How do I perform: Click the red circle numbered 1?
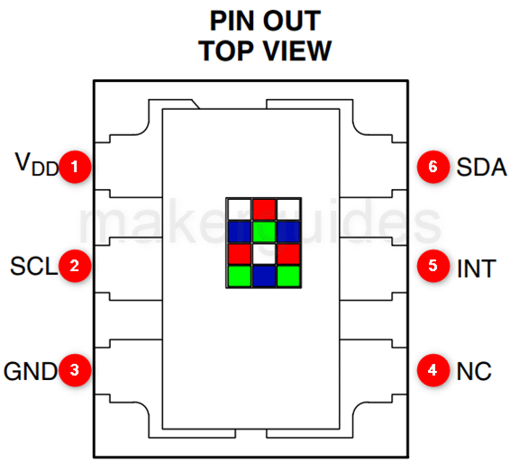tap(75, 167)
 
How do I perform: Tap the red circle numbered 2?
tap(75, 266)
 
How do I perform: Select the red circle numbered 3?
tap(75, 370)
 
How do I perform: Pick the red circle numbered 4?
tap(432, 370)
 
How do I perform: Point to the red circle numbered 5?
tap(432, 266)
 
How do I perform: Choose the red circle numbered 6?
tap(432, 167)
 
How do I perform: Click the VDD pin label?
tap(36, 164)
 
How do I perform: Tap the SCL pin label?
tap(33, 266)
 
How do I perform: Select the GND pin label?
tap(31, 371)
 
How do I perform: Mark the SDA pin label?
tap(481, 167)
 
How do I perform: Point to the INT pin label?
tap(477, 268)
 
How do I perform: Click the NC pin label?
tap(474, 371)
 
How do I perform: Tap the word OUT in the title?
tap(292, 22)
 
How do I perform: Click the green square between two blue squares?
tap(264, 231)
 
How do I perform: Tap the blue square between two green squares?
tap(264, 276)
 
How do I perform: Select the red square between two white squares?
tap(264, 209)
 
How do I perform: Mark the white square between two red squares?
tap(264, 254)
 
